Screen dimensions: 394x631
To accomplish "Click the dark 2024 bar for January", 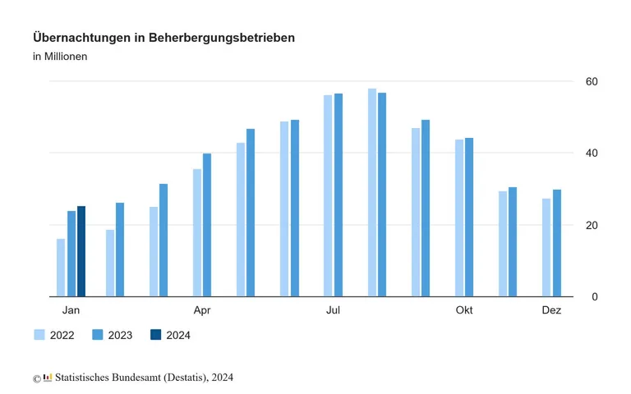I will point(81,251).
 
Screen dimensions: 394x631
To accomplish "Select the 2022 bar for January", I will point(61,268).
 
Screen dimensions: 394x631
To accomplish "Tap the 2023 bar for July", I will point(339,195).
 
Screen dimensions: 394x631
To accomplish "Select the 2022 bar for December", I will point(546,247).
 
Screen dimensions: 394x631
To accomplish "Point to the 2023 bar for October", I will point(469,217).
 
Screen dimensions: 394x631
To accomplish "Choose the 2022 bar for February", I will point(110,263).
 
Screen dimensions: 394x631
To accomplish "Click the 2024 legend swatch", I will point(156,335).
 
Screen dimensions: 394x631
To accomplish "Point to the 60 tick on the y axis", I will point(591,81).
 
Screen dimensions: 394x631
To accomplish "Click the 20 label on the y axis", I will point(591,225).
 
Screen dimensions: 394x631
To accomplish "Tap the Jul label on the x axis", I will point(333,310).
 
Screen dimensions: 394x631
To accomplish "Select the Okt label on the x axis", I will point(464,310).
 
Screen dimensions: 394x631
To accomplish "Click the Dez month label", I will point(551,310).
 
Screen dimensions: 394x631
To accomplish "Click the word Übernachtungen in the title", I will point(81,38).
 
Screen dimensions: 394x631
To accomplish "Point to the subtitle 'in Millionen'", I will point(60,57).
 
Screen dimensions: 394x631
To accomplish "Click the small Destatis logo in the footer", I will point(48,378).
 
